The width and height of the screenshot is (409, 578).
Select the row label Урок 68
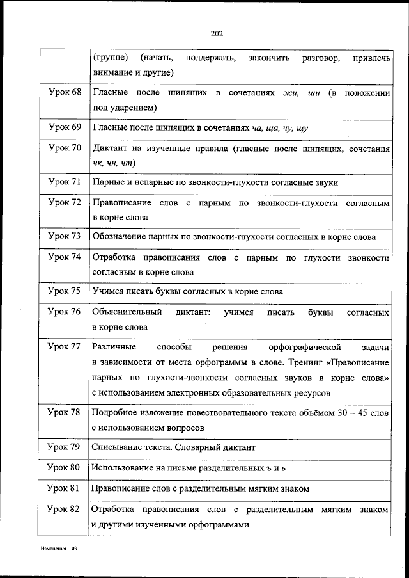(65, 93)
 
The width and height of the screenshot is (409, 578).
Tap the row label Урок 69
(65, 127)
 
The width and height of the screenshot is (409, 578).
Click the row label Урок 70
(65, 148)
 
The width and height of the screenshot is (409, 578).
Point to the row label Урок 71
(65, 182)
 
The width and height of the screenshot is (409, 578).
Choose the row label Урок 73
(65, 237)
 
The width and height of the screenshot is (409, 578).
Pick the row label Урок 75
(65, 291)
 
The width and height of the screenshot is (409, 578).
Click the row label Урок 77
(65, 346)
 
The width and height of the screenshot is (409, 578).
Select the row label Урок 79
(65, 446)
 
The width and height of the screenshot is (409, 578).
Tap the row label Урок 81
(65, 488)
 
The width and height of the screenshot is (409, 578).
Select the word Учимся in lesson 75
(109, 292)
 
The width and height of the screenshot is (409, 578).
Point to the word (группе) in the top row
(111, 59)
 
